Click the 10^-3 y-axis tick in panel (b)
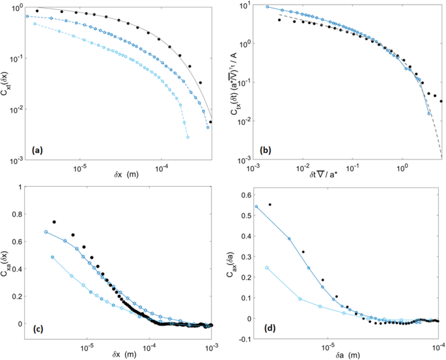[240, 159]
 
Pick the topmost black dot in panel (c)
[54, 222]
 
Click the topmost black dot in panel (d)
[270, 204]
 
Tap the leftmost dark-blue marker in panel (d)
[256, 207]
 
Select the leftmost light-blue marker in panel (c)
[53, 257]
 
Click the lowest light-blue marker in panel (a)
[186, 137]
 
